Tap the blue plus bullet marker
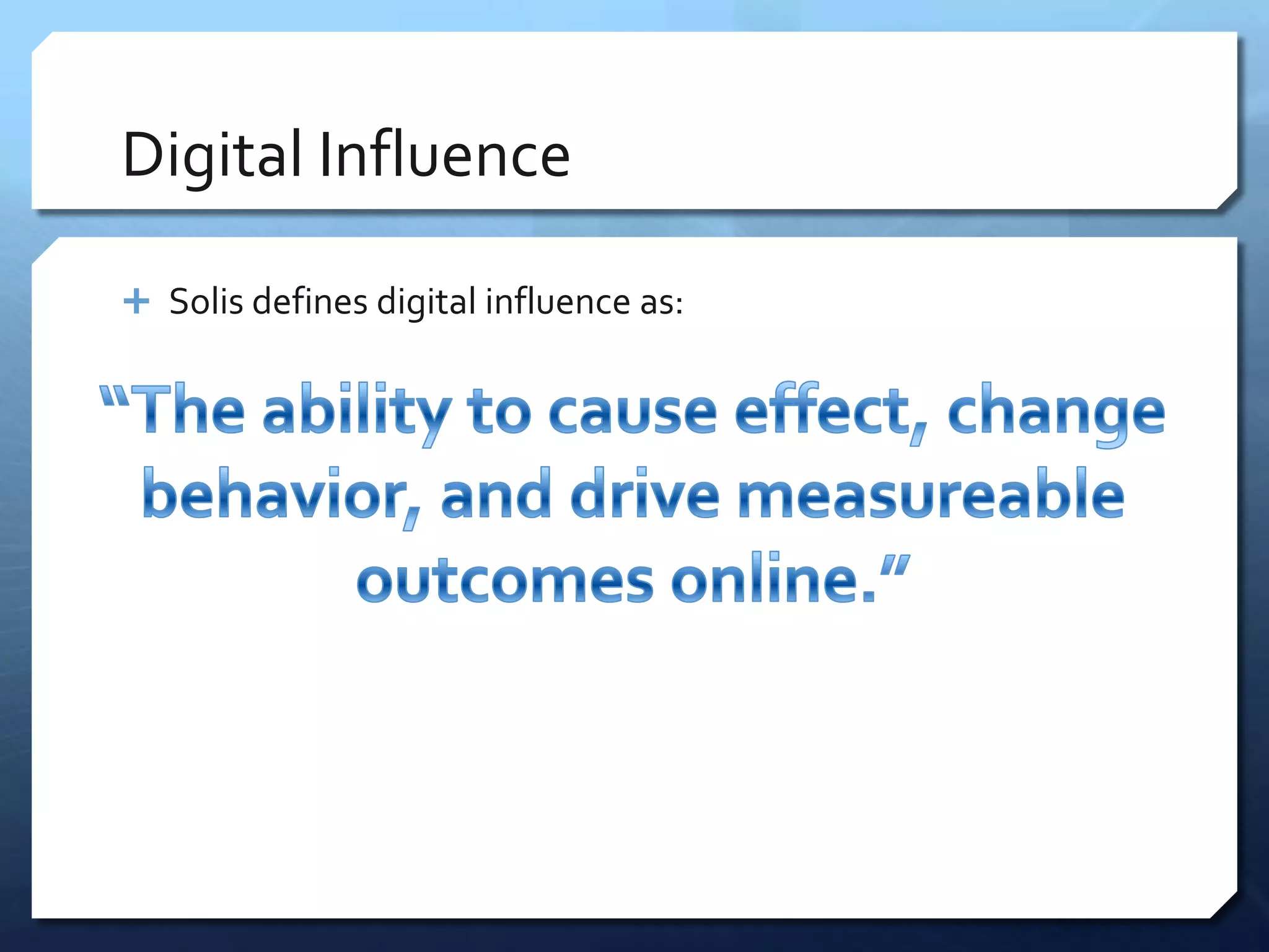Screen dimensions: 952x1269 coord(136,302)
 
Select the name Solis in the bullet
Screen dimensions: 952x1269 coord(206,302)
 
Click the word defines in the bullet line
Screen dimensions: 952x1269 coord(310,302)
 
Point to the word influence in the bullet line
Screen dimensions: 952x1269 coord(558,302)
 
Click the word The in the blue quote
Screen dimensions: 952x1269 coord(189,410)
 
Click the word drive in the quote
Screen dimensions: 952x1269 coord(644,494)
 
